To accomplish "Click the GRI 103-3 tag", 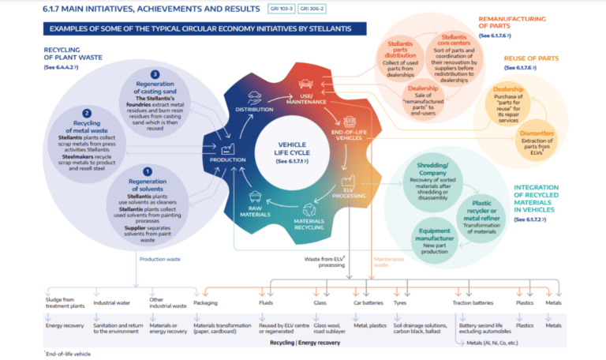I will pos(278,9).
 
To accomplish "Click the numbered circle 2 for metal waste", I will pos(87,113).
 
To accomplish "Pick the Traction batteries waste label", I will pos(473,302).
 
